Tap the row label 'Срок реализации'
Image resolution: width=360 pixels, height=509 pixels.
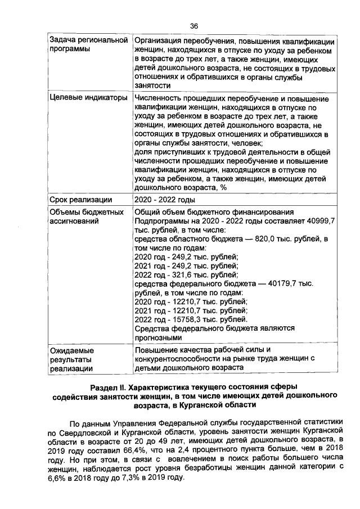(x=80, y=199)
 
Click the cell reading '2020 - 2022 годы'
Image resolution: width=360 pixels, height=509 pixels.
(x=165, y=199)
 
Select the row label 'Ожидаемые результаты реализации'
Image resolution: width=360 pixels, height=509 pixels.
(x=71, y=359)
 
